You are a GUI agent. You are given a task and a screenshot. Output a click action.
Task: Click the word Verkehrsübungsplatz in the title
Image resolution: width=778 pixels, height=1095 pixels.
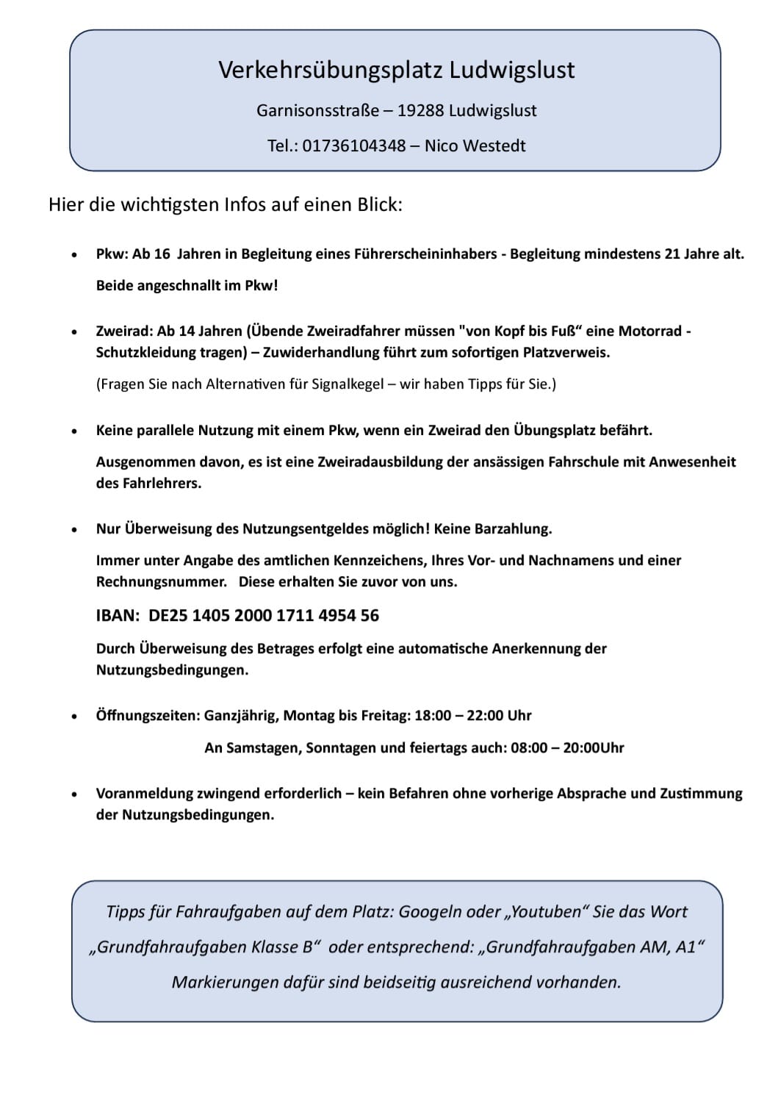click(x=330, y=71)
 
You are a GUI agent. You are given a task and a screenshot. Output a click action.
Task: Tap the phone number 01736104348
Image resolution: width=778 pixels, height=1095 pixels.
click(x=354, y=146)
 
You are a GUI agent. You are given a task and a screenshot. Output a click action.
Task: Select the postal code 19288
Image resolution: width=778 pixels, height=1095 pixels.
click(x=420, y=111)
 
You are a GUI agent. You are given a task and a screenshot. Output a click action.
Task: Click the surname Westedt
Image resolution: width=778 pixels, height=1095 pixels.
click(x=494, y=146)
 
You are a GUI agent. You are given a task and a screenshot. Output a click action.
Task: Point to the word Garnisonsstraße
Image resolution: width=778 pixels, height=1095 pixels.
click(x=318, y=111)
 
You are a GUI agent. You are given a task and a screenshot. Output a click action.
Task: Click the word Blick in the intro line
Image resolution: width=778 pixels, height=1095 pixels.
click(x=379, y=204)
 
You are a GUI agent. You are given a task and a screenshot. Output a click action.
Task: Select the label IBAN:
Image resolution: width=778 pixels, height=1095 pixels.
click(x=118, y=616)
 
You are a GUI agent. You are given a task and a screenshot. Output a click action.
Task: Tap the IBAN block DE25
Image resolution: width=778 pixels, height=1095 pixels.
click(x=168, y=616)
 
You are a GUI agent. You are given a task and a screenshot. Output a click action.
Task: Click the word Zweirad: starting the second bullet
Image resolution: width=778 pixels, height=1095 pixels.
click(x=124, y=331)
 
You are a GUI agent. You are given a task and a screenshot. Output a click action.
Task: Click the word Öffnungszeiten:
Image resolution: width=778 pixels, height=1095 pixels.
click(x=148, y=716)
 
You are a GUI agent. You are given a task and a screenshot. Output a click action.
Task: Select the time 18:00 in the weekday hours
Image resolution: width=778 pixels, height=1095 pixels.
click(x=433, y=716)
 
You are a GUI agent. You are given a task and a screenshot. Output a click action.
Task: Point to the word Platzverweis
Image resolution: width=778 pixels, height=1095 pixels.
click(x=566, y=353)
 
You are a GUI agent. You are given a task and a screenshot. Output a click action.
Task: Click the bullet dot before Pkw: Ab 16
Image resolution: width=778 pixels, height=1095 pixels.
click(x=73, y=255)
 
